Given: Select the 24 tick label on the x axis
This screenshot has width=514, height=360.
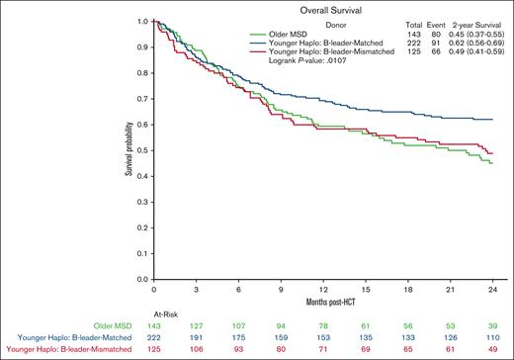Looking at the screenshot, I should pyautogui.click(x=491, y=289).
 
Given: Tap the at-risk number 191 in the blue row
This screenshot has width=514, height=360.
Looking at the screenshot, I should pyautogui.click(x=196, y=336).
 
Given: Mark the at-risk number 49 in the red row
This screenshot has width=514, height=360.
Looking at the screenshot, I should pyautogui.click(x=491, y=349).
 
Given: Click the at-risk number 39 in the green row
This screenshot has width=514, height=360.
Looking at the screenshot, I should pyautogui.click(x=491, y=323).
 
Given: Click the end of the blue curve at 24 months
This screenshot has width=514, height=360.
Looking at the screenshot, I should pyautogui.click(x=493, y=119).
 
